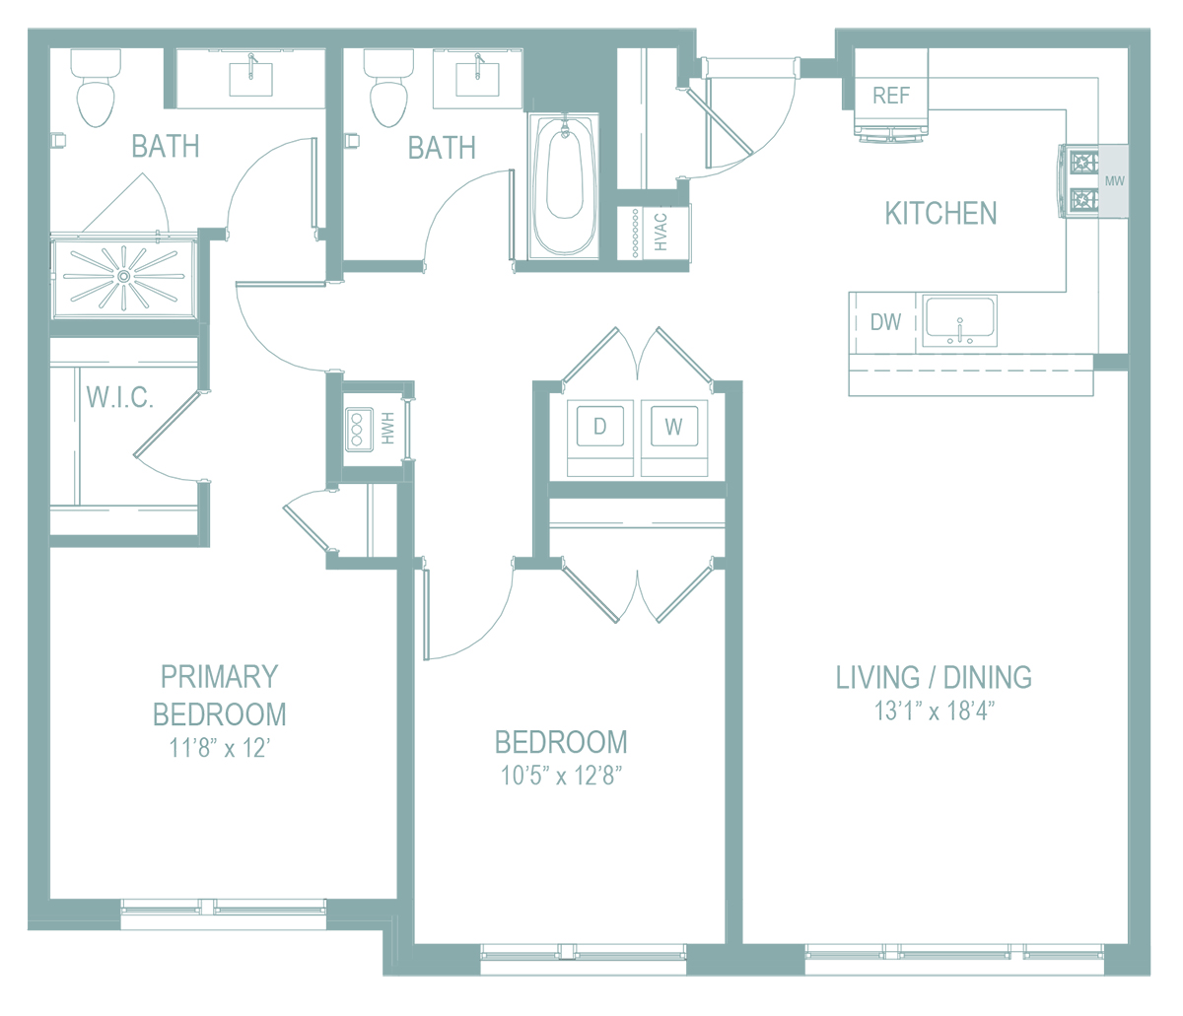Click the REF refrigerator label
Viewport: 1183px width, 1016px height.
891,95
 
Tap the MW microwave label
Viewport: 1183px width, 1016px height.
1114,180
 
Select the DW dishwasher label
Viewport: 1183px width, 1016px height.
885,322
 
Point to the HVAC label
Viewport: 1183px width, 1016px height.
661,232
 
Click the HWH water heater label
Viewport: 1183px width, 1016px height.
388,429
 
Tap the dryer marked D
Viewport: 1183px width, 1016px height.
599,426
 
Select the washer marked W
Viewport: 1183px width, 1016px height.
673,426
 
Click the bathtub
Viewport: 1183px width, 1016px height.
564,185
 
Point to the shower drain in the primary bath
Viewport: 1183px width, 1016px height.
123,277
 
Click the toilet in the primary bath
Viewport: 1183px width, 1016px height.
96,88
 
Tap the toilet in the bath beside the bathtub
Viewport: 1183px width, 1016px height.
388,88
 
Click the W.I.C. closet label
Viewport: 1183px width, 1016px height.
120,396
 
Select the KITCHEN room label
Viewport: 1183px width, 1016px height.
940,214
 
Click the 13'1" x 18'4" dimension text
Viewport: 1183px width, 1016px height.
935,711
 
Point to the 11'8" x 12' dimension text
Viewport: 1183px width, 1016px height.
220,748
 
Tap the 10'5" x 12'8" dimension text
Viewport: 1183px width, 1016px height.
562,776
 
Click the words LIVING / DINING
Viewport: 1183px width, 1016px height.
934,677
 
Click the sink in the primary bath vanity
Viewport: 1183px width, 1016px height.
250,79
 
